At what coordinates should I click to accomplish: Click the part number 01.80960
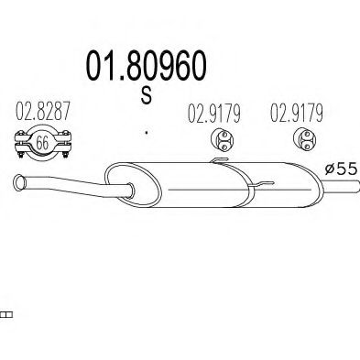click(147, 67)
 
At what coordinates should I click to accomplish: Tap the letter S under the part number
click(147, 96)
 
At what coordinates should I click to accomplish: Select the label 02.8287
click(41, 115)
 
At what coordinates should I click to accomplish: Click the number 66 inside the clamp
click(42, 143)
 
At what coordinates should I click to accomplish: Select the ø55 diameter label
click(340, 168)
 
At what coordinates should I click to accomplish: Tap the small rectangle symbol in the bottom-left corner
click(5, 314)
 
